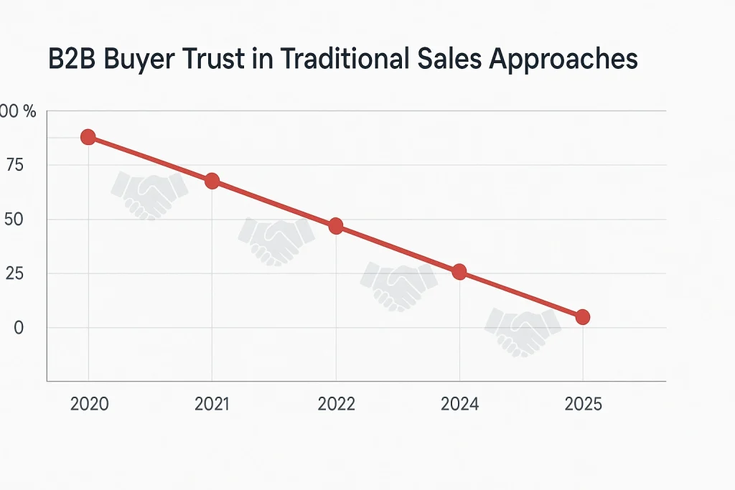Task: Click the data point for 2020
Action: [88, 137]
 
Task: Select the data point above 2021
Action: [212, 181]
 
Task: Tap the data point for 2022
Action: [335, 226]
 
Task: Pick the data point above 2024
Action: [459, 272]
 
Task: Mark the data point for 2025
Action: [583, 316]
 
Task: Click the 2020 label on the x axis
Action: [89, 404]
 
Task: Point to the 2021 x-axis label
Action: [212, 404]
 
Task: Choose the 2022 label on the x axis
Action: [336, 404]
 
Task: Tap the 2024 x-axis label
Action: [459, 404]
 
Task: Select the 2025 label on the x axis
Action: [583, 404]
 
